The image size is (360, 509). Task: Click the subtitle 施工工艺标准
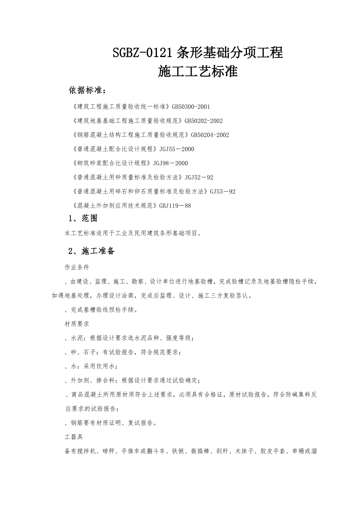(x=198, y=72)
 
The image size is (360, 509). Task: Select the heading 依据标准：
(x=87, y=91)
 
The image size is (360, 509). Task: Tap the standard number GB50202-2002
(x=203, y=121)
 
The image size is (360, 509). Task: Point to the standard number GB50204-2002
(x=210, y=135)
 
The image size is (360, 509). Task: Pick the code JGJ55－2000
(x=177, y=149)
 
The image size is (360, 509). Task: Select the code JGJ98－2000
(x=171, y=163)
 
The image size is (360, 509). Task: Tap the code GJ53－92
(x=223, y=192)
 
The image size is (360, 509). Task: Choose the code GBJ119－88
(x=175, y=206)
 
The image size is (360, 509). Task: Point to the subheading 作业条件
(x=77, y=268)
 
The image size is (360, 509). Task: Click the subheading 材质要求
(x=77, y=324)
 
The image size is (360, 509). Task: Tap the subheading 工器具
(x=74, y=437)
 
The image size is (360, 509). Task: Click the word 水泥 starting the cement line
(x=77, y=338)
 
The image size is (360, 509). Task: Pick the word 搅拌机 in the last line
(x=86, y=451)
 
